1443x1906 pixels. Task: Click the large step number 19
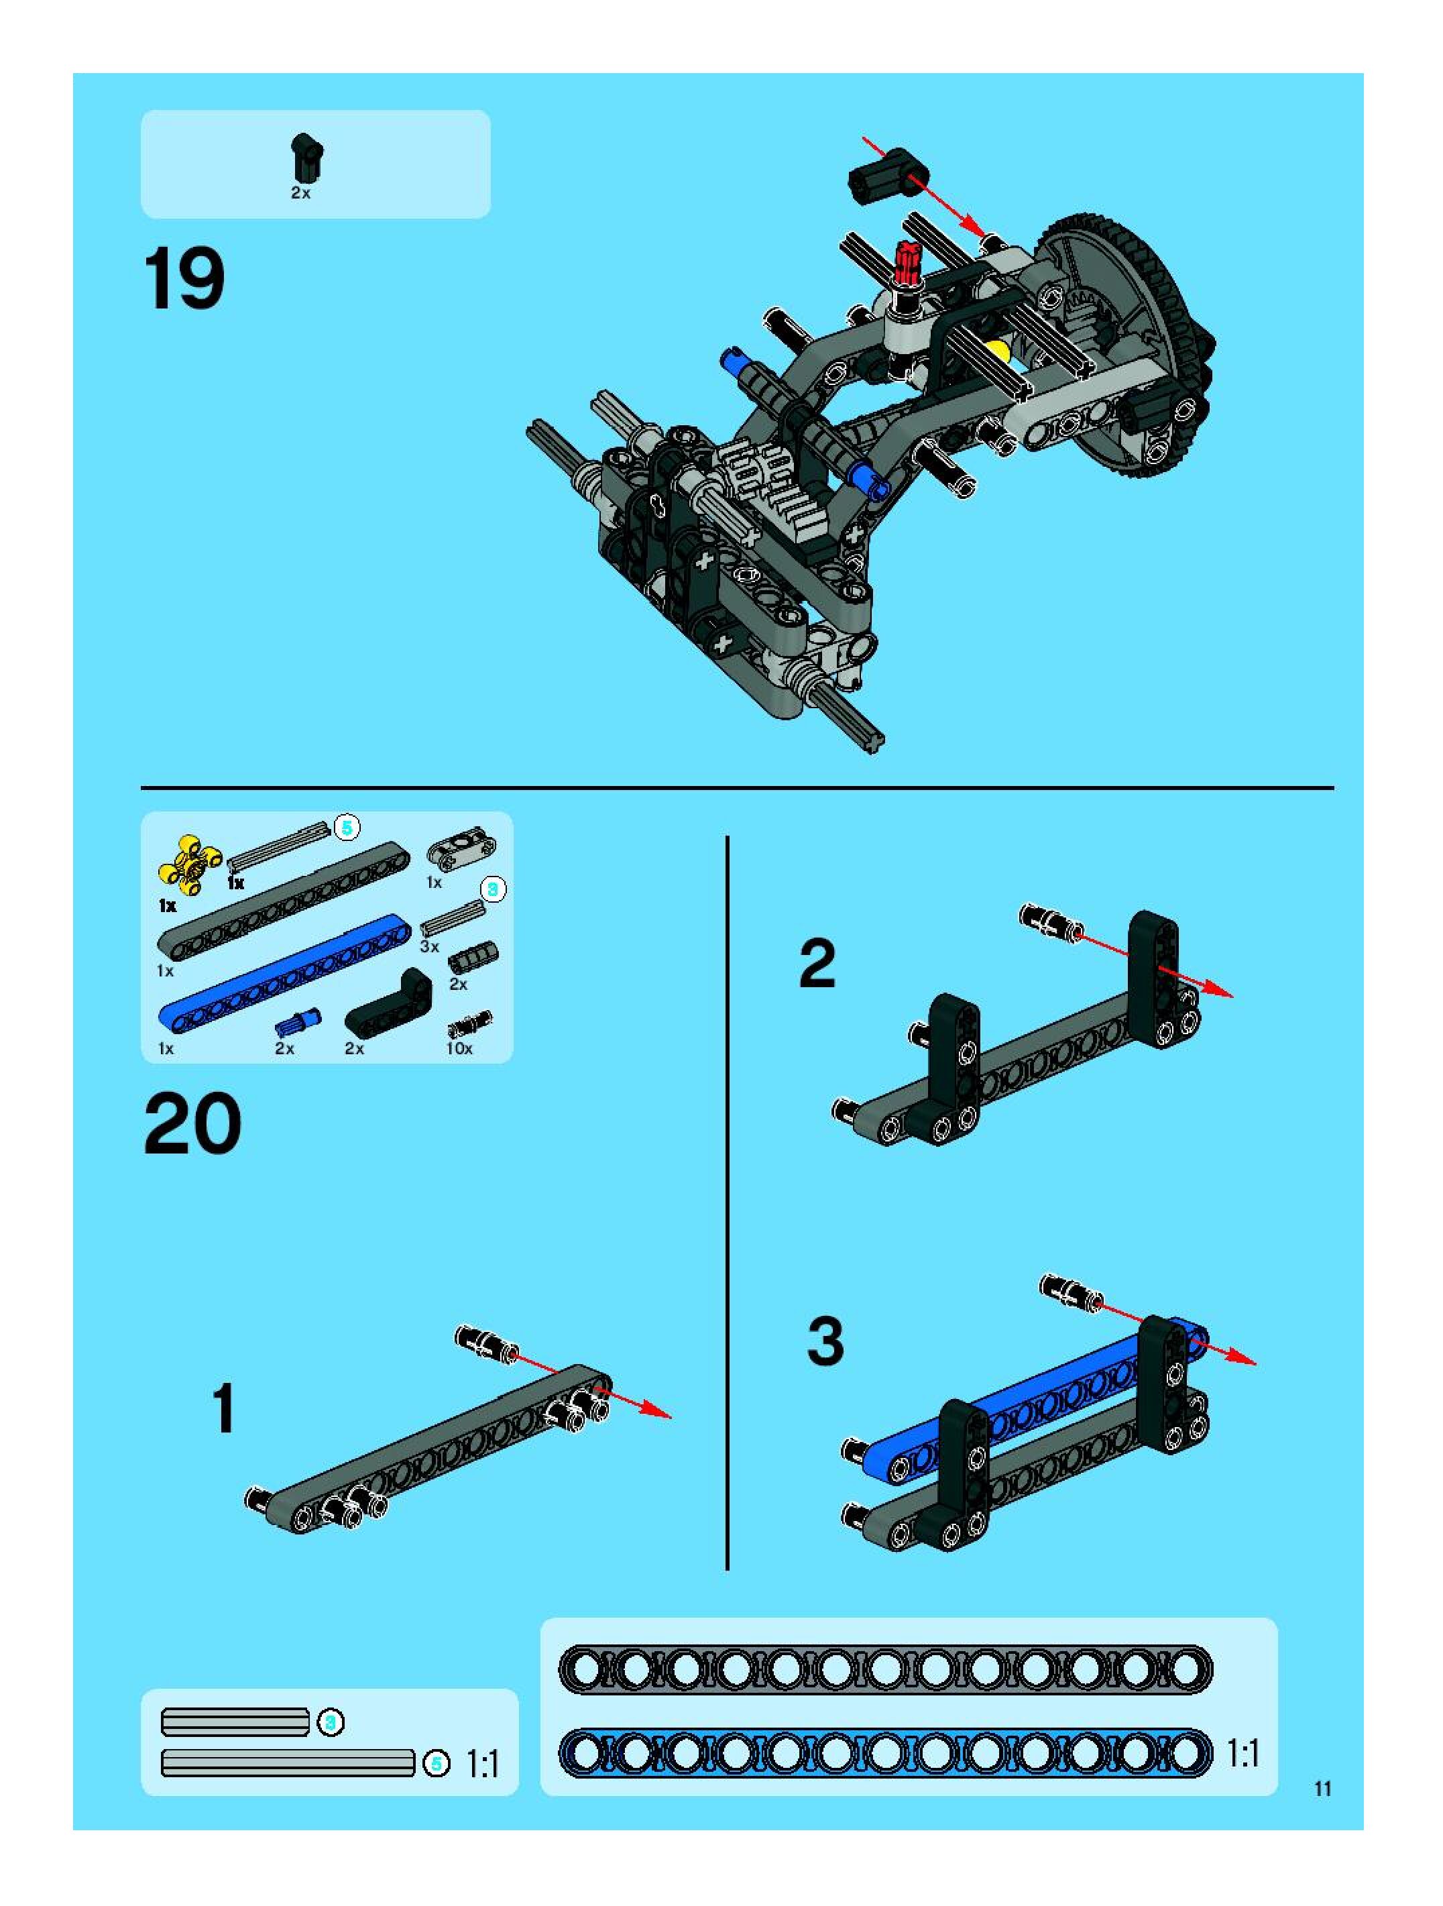coord(184,278)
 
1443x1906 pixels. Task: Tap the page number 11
coord(1322,1788)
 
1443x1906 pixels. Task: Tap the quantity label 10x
coord(459,1049)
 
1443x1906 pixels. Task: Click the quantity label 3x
coord(429,946)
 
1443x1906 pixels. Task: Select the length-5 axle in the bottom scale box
coord(288,1763)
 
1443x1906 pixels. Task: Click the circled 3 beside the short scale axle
coord(331,1722)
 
